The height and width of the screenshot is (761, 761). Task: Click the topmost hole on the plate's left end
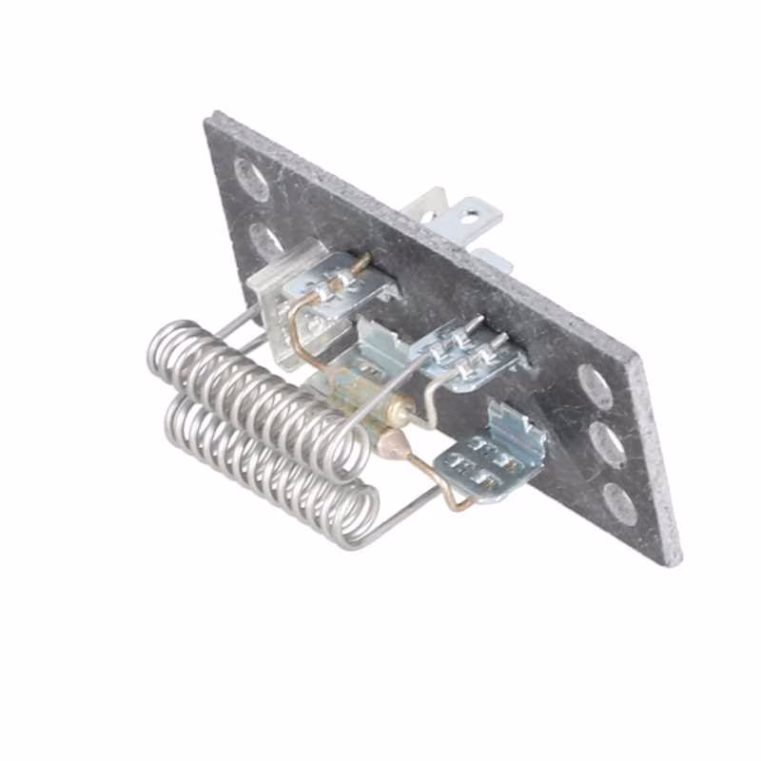tap(251, 178)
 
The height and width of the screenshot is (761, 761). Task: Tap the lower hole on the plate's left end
tap(265, 239)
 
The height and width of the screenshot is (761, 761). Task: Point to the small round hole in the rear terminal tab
tap(470, 218)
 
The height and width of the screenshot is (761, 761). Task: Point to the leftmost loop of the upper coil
tap(169, 352)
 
